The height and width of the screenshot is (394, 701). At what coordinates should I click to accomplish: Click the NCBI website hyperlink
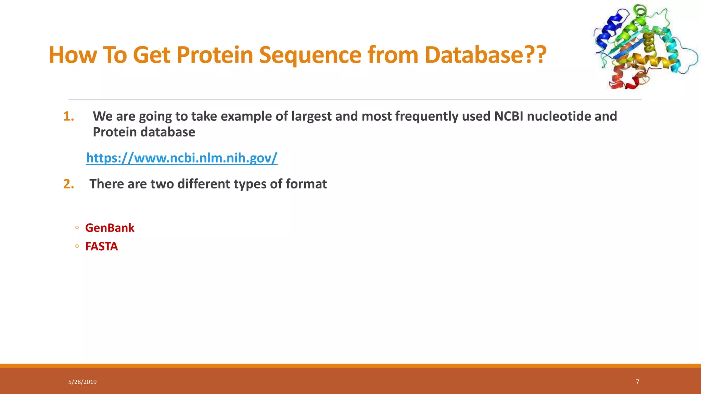coord(181,158)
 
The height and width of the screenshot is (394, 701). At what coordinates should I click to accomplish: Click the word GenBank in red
coord(110,228)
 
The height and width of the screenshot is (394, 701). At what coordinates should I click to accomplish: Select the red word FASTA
coord(101,247)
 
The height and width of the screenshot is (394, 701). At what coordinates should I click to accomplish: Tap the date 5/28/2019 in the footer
coord(82,382)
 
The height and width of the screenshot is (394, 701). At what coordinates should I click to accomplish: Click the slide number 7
coord(637,382)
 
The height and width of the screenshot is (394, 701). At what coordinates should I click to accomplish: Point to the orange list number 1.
coord(68,117)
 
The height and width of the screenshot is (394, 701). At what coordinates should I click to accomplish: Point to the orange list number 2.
coord(68,184)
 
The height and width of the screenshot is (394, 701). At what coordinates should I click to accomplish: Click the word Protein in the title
coord(215,55)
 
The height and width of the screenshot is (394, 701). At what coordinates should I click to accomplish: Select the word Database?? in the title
coord(485,55)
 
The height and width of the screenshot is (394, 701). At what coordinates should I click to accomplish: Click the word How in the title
coord(73,55)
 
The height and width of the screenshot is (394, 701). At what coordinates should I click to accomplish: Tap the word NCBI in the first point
coord(509,116)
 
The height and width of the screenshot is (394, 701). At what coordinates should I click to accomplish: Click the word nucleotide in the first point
coord(559,116)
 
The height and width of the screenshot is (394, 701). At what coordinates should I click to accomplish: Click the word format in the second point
coord(306,184)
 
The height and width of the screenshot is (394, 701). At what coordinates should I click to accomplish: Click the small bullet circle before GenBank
coord(77,228)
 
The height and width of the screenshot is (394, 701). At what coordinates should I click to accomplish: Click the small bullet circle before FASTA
coord(77,246)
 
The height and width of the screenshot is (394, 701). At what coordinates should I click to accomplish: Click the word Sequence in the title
coord(310,55)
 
